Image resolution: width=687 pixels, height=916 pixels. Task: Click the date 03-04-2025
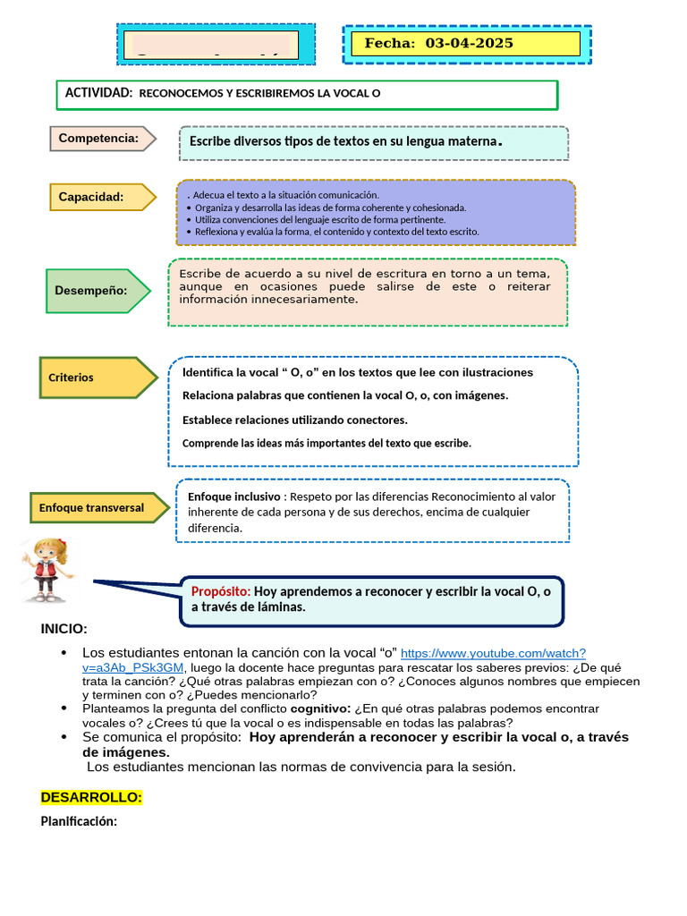pos(469,43)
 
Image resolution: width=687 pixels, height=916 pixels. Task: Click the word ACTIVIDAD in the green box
pos(98,93)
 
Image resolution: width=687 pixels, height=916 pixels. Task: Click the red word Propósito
pos(221,591)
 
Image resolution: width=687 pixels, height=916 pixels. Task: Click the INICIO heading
pos(64,630)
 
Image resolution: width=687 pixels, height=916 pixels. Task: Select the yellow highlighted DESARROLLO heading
pos(91,797)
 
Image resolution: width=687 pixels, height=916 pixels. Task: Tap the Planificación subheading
pos(79,822)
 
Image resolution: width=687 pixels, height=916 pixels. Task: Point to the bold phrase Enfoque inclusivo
pos(234,496)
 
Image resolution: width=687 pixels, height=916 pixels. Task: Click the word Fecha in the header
pos(390,43)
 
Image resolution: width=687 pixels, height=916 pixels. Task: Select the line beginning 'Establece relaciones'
pos(295,420)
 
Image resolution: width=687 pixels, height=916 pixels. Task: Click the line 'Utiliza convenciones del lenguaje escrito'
pos(320,219)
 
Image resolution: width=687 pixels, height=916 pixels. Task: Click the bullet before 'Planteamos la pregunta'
pos(64,708)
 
